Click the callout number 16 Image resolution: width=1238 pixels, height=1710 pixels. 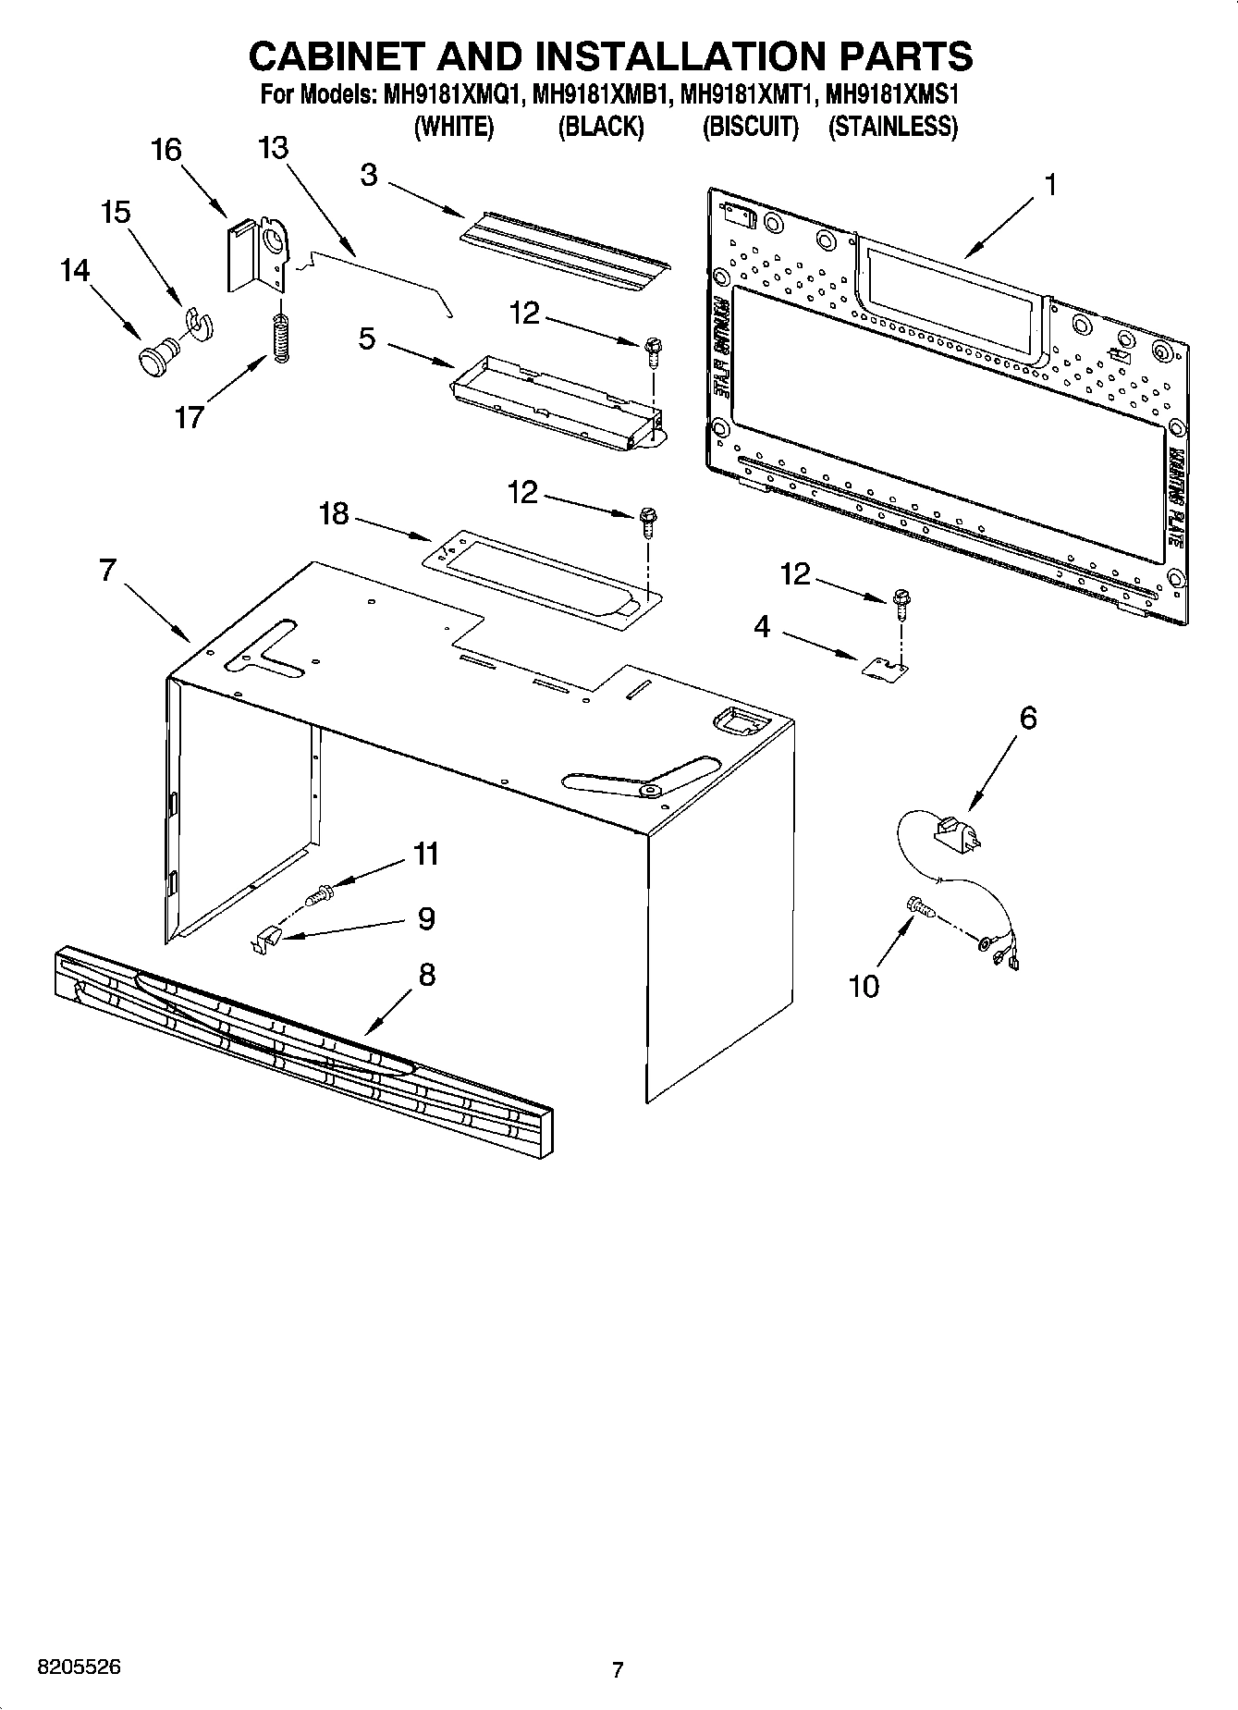(166, 150)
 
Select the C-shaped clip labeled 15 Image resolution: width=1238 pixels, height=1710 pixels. (198, 319)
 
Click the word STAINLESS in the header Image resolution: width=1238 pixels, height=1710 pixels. (892, 127)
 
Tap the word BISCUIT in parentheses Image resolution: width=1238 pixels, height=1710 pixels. (750, 127)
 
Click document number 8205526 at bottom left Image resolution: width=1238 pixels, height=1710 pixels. (79, 1667)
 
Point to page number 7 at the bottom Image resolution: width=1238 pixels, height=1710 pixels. (618, 1669)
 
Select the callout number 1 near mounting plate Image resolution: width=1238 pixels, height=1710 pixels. (1049, 186)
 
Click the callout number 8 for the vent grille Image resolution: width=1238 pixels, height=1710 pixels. (426, 974)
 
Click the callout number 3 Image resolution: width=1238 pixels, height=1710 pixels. (369, 175)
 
